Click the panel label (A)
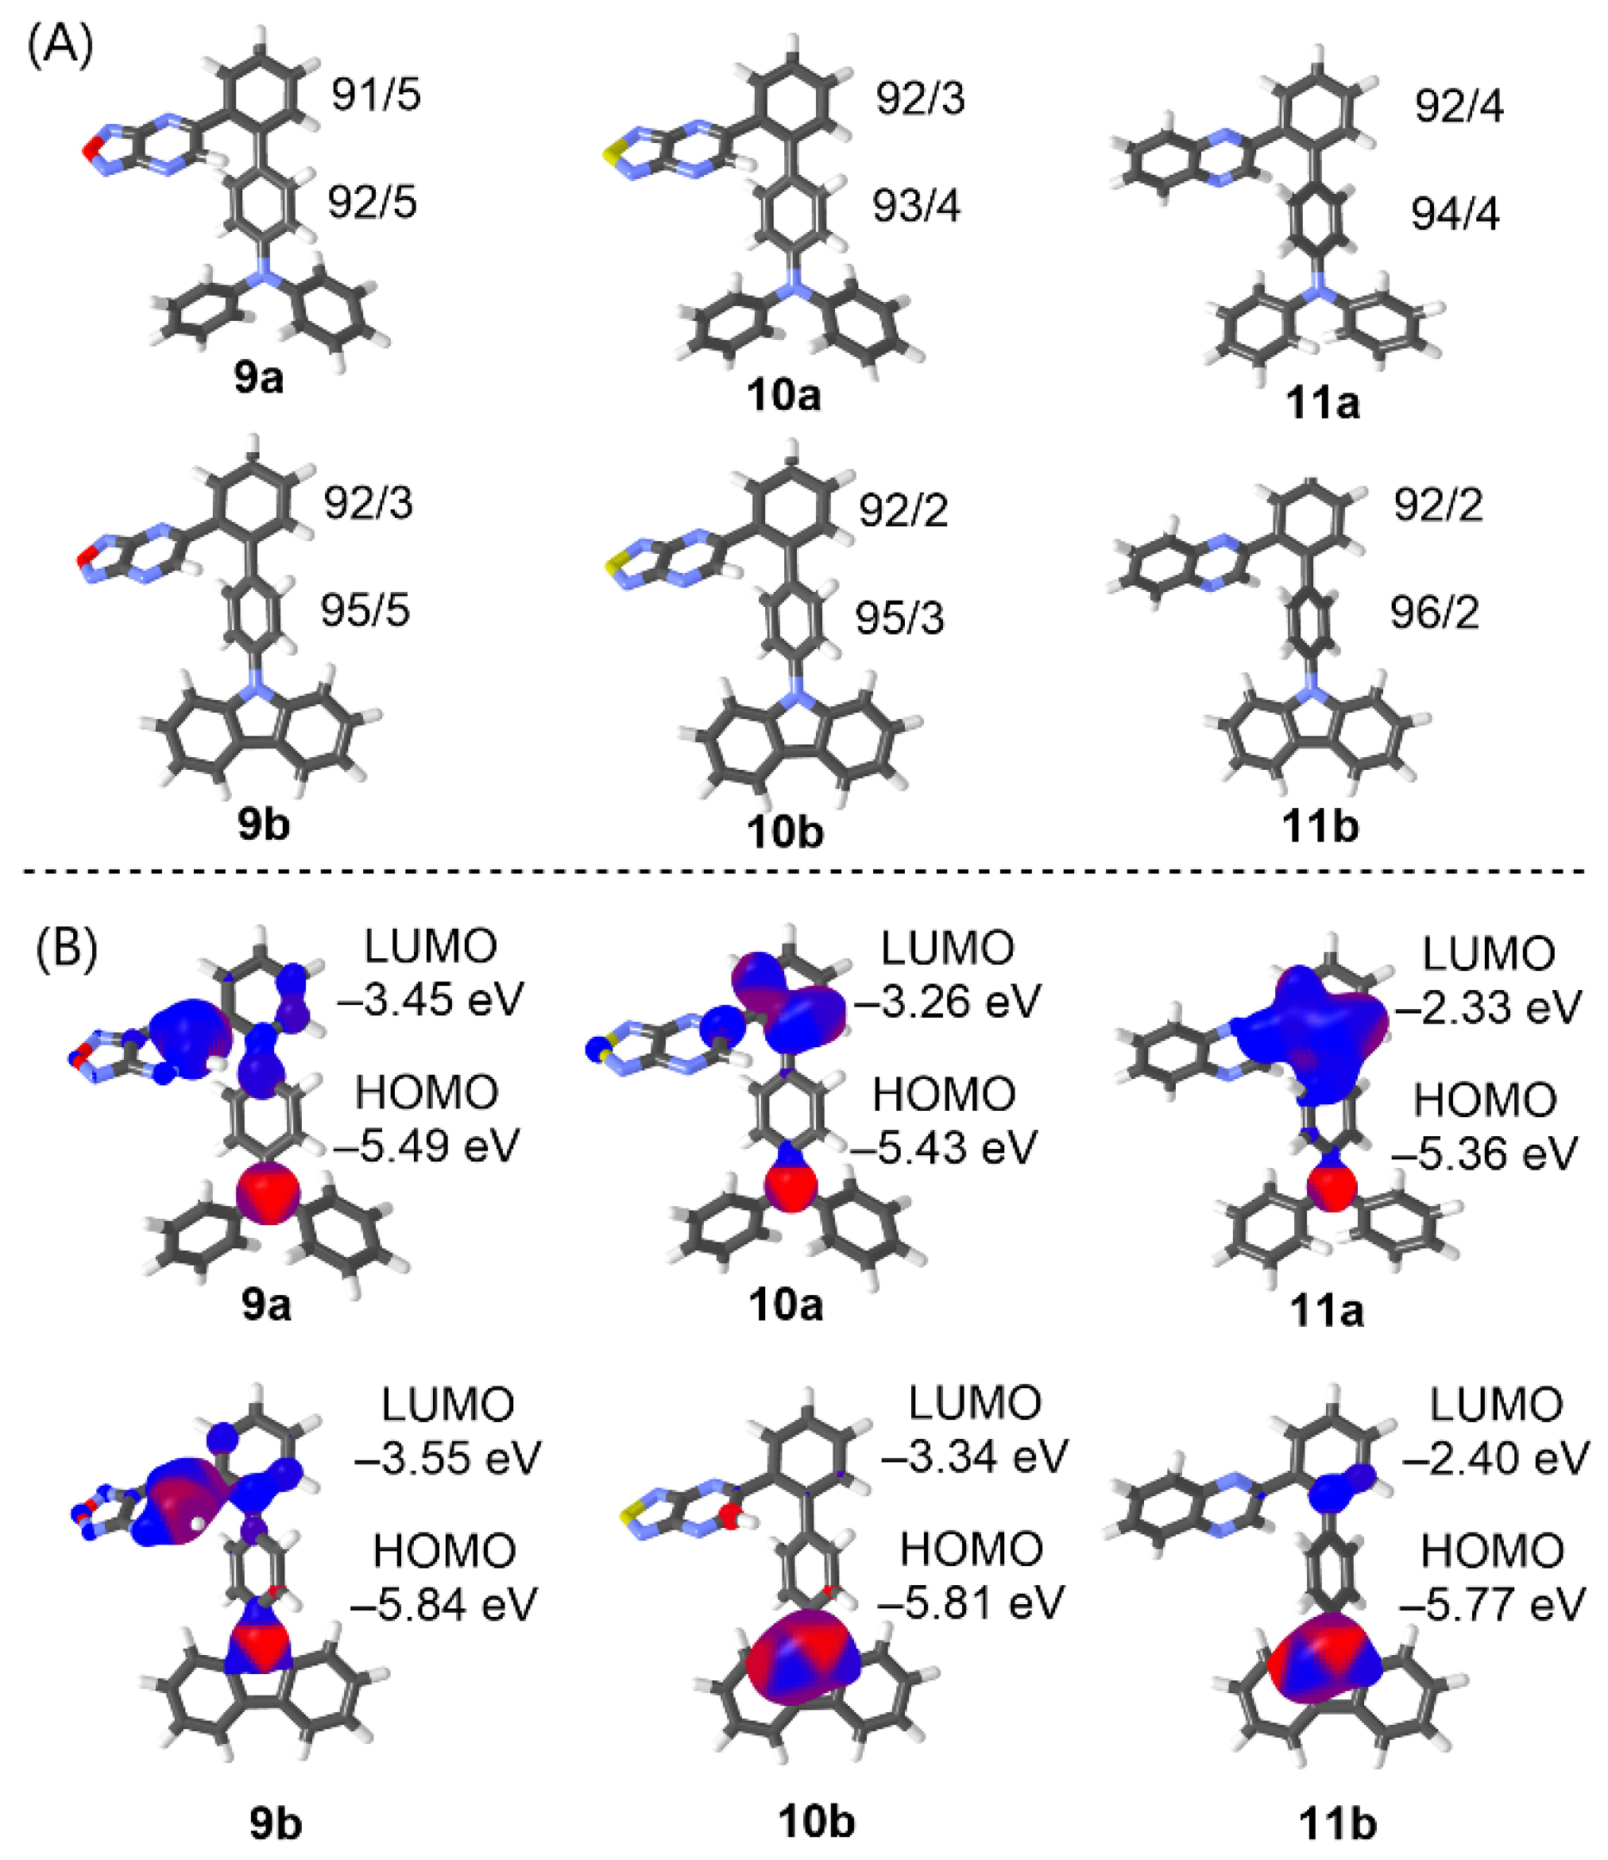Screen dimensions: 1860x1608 click(x=60, y=44)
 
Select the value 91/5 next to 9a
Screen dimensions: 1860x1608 click(x=375, y=95)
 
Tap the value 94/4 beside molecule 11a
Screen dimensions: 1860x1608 click(x=1455, y=215)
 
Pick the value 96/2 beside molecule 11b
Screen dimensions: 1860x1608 click(x=1435, y=613)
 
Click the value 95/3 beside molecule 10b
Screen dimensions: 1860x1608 click(x=899, y=618)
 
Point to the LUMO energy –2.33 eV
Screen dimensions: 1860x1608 click(x=1488, y=1007)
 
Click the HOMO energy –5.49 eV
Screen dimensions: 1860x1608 click(x=427, y=1146)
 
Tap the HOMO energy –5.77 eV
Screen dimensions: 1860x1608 click(x=1492, y=1604)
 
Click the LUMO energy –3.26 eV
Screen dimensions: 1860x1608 click(x=947, y=1000)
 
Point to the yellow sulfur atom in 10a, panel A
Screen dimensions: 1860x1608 click(x=609, y=155)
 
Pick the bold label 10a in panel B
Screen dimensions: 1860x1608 click(x=786, y=1305)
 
